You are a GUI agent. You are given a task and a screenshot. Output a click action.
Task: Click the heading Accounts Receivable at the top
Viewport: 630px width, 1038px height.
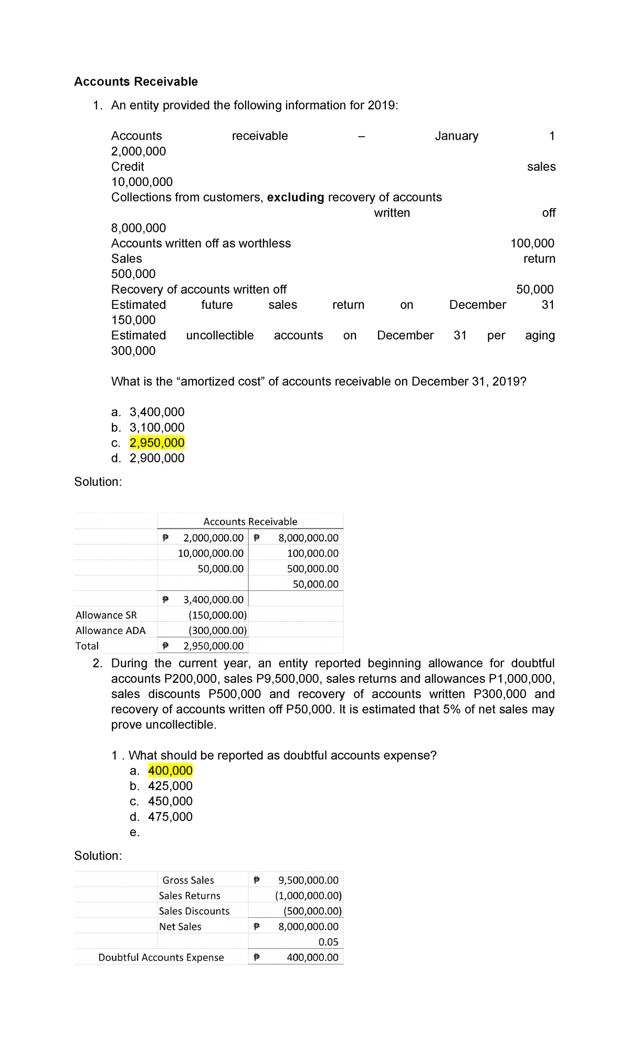[136, 81]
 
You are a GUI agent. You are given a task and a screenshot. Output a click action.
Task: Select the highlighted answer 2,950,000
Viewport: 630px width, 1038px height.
[157, 443]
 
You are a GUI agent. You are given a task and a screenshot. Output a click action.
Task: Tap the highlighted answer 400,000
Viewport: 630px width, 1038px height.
[170, 771]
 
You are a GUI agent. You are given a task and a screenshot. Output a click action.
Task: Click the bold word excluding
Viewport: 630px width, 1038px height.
[296, 198]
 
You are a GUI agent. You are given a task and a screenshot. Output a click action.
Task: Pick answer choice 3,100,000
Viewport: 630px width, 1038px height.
[157, 428]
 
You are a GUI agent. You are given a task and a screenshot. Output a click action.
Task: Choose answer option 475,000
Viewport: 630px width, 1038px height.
[170, 817]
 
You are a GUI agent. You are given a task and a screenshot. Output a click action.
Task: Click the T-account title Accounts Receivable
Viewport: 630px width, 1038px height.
[250, 522]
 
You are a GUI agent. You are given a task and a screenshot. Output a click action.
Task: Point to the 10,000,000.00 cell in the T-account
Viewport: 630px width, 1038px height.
[211, 553]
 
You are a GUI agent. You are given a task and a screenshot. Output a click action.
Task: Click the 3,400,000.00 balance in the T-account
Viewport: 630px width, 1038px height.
[213, 599]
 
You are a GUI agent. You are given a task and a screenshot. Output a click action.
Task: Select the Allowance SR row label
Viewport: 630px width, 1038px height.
[106, 615]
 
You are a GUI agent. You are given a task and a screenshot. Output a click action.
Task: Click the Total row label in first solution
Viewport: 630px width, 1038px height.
[87, 646]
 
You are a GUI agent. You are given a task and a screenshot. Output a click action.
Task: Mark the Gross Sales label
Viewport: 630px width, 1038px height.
[188, 880]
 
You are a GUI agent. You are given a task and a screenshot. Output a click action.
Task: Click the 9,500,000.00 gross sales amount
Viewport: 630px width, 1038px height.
[308, 880]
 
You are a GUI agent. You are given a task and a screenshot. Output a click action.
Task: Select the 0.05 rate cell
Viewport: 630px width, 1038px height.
[328, 942]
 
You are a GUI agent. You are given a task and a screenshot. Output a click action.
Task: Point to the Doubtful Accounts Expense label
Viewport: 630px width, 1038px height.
[161, 958]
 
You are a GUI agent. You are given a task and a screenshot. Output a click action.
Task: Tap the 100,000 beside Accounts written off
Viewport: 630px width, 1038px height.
[532, 243]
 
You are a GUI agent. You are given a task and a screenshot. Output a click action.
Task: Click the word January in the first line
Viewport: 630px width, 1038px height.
[456, 136]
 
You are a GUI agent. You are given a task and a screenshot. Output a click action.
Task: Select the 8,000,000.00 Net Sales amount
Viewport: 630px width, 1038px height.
[308, 927]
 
